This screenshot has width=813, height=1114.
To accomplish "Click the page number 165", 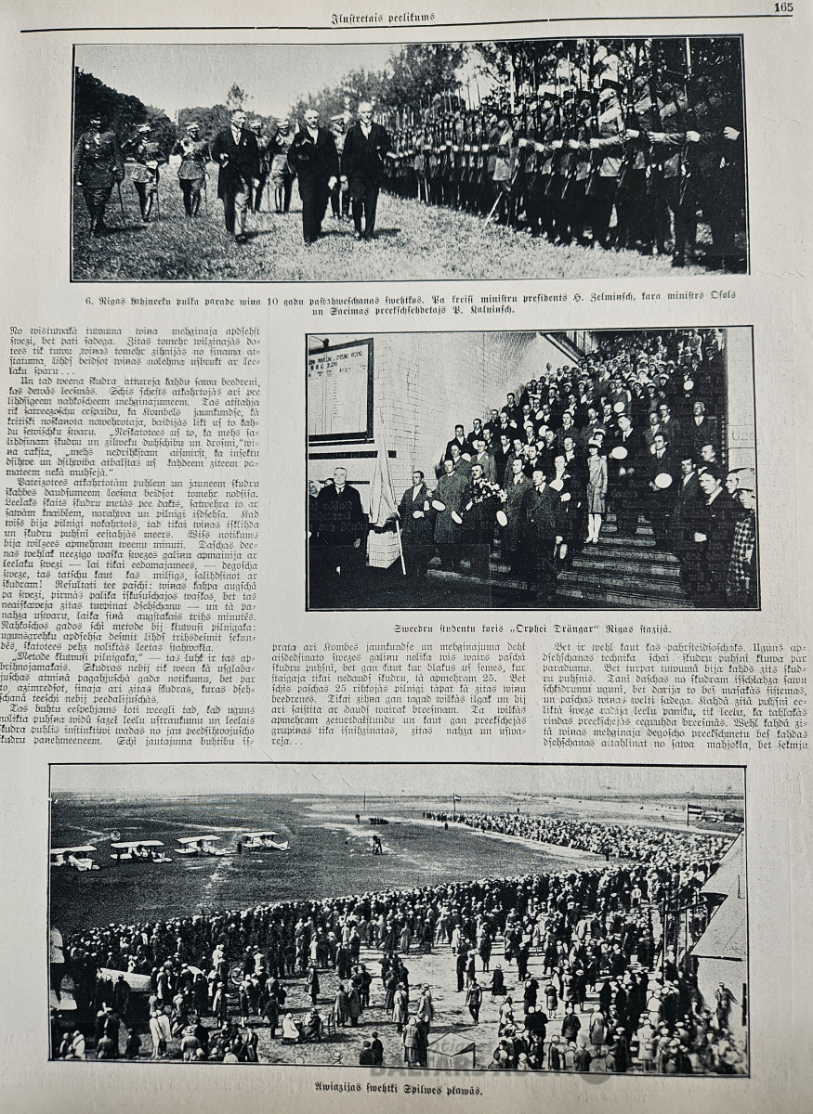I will tap(782, 7).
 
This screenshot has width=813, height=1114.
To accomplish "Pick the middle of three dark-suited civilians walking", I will tap(311, 172).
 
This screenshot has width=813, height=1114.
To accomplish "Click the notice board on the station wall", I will tap(340, 390).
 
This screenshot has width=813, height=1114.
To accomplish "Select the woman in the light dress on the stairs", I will tap(596, 487).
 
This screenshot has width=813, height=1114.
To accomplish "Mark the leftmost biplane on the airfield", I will tap(74, 856).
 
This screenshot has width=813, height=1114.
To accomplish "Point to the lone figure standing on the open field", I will tap(376, 844).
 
